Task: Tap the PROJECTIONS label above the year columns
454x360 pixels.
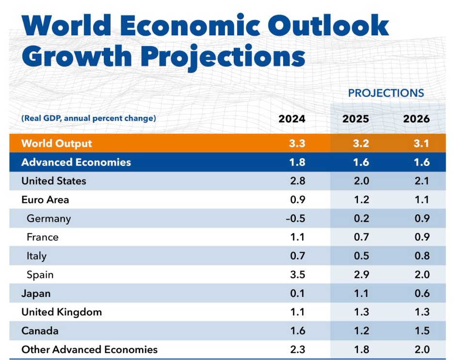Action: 386,93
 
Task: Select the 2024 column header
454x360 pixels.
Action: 292,119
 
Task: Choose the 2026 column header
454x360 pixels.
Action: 416,119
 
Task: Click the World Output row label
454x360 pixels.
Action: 57,143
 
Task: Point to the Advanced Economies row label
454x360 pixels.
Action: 76,162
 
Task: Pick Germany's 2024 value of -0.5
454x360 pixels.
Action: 295,218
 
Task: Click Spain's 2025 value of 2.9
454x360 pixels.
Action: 361,274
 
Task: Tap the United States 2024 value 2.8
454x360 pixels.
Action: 298,180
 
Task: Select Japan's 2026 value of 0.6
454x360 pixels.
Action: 422,293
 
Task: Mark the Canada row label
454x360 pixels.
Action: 40,331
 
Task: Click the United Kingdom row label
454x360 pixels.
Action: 62,312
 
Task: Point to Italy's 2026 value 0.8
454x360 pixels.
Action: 422,256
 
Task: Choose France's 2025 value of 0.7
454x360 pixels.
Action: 361,237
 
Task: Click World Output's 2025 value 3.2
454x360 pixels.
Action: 361,143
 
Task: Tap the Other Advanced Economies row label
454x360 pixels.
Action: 89,349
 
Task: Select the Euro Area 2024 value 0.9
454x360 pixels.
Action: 298,199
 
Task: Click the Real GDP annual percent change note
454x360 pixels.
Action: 89,118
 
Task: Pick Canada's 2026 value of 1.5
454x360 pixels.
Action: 422,331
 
